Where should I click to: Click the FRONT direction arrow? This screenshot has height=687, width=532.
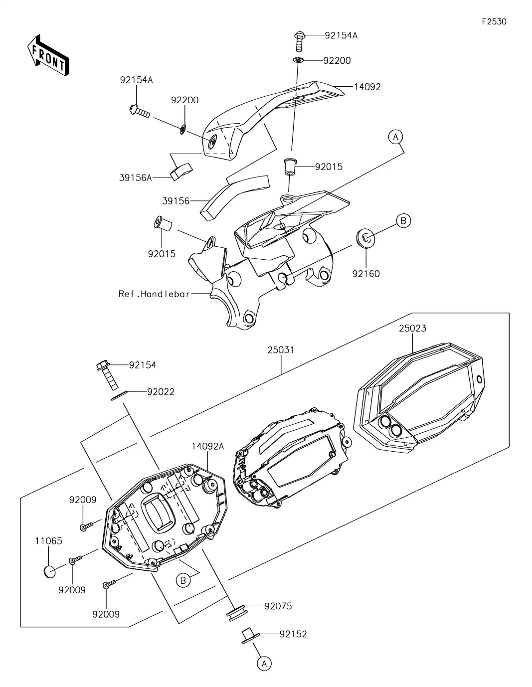(48, 55)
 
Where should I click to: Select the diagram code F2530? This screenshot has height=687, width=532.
(494, 22)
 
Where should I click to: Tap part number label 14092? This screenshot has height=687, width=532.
(367, 87)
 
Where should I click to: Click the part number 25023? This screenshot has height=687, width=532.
(412, 329)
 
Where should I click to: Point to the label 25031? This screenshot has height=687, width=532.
(280, 350)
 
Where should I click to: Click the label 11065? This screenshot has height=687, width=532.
(48, 541)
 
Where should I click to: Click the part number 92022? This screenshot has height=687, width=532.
(161, 392)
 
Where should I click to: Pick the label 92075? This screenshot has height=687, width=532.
(278, 606)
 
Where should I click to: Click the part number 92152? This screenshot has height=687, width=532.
(293, 634)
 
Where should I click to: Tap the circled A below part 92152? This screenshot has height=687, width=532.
(264, 663)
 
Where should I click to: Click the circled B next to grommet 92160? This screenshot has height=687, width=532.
(403, 220)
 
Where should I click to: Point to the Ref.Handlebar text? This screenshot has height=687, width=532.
(154, 294)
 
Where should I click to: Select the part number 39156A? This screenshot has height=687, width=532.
(136, 177)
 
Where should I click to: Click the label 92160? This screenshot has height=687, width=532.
(366, 274)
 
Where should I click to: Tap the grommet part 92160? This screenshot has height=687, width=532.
(365, 237)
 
